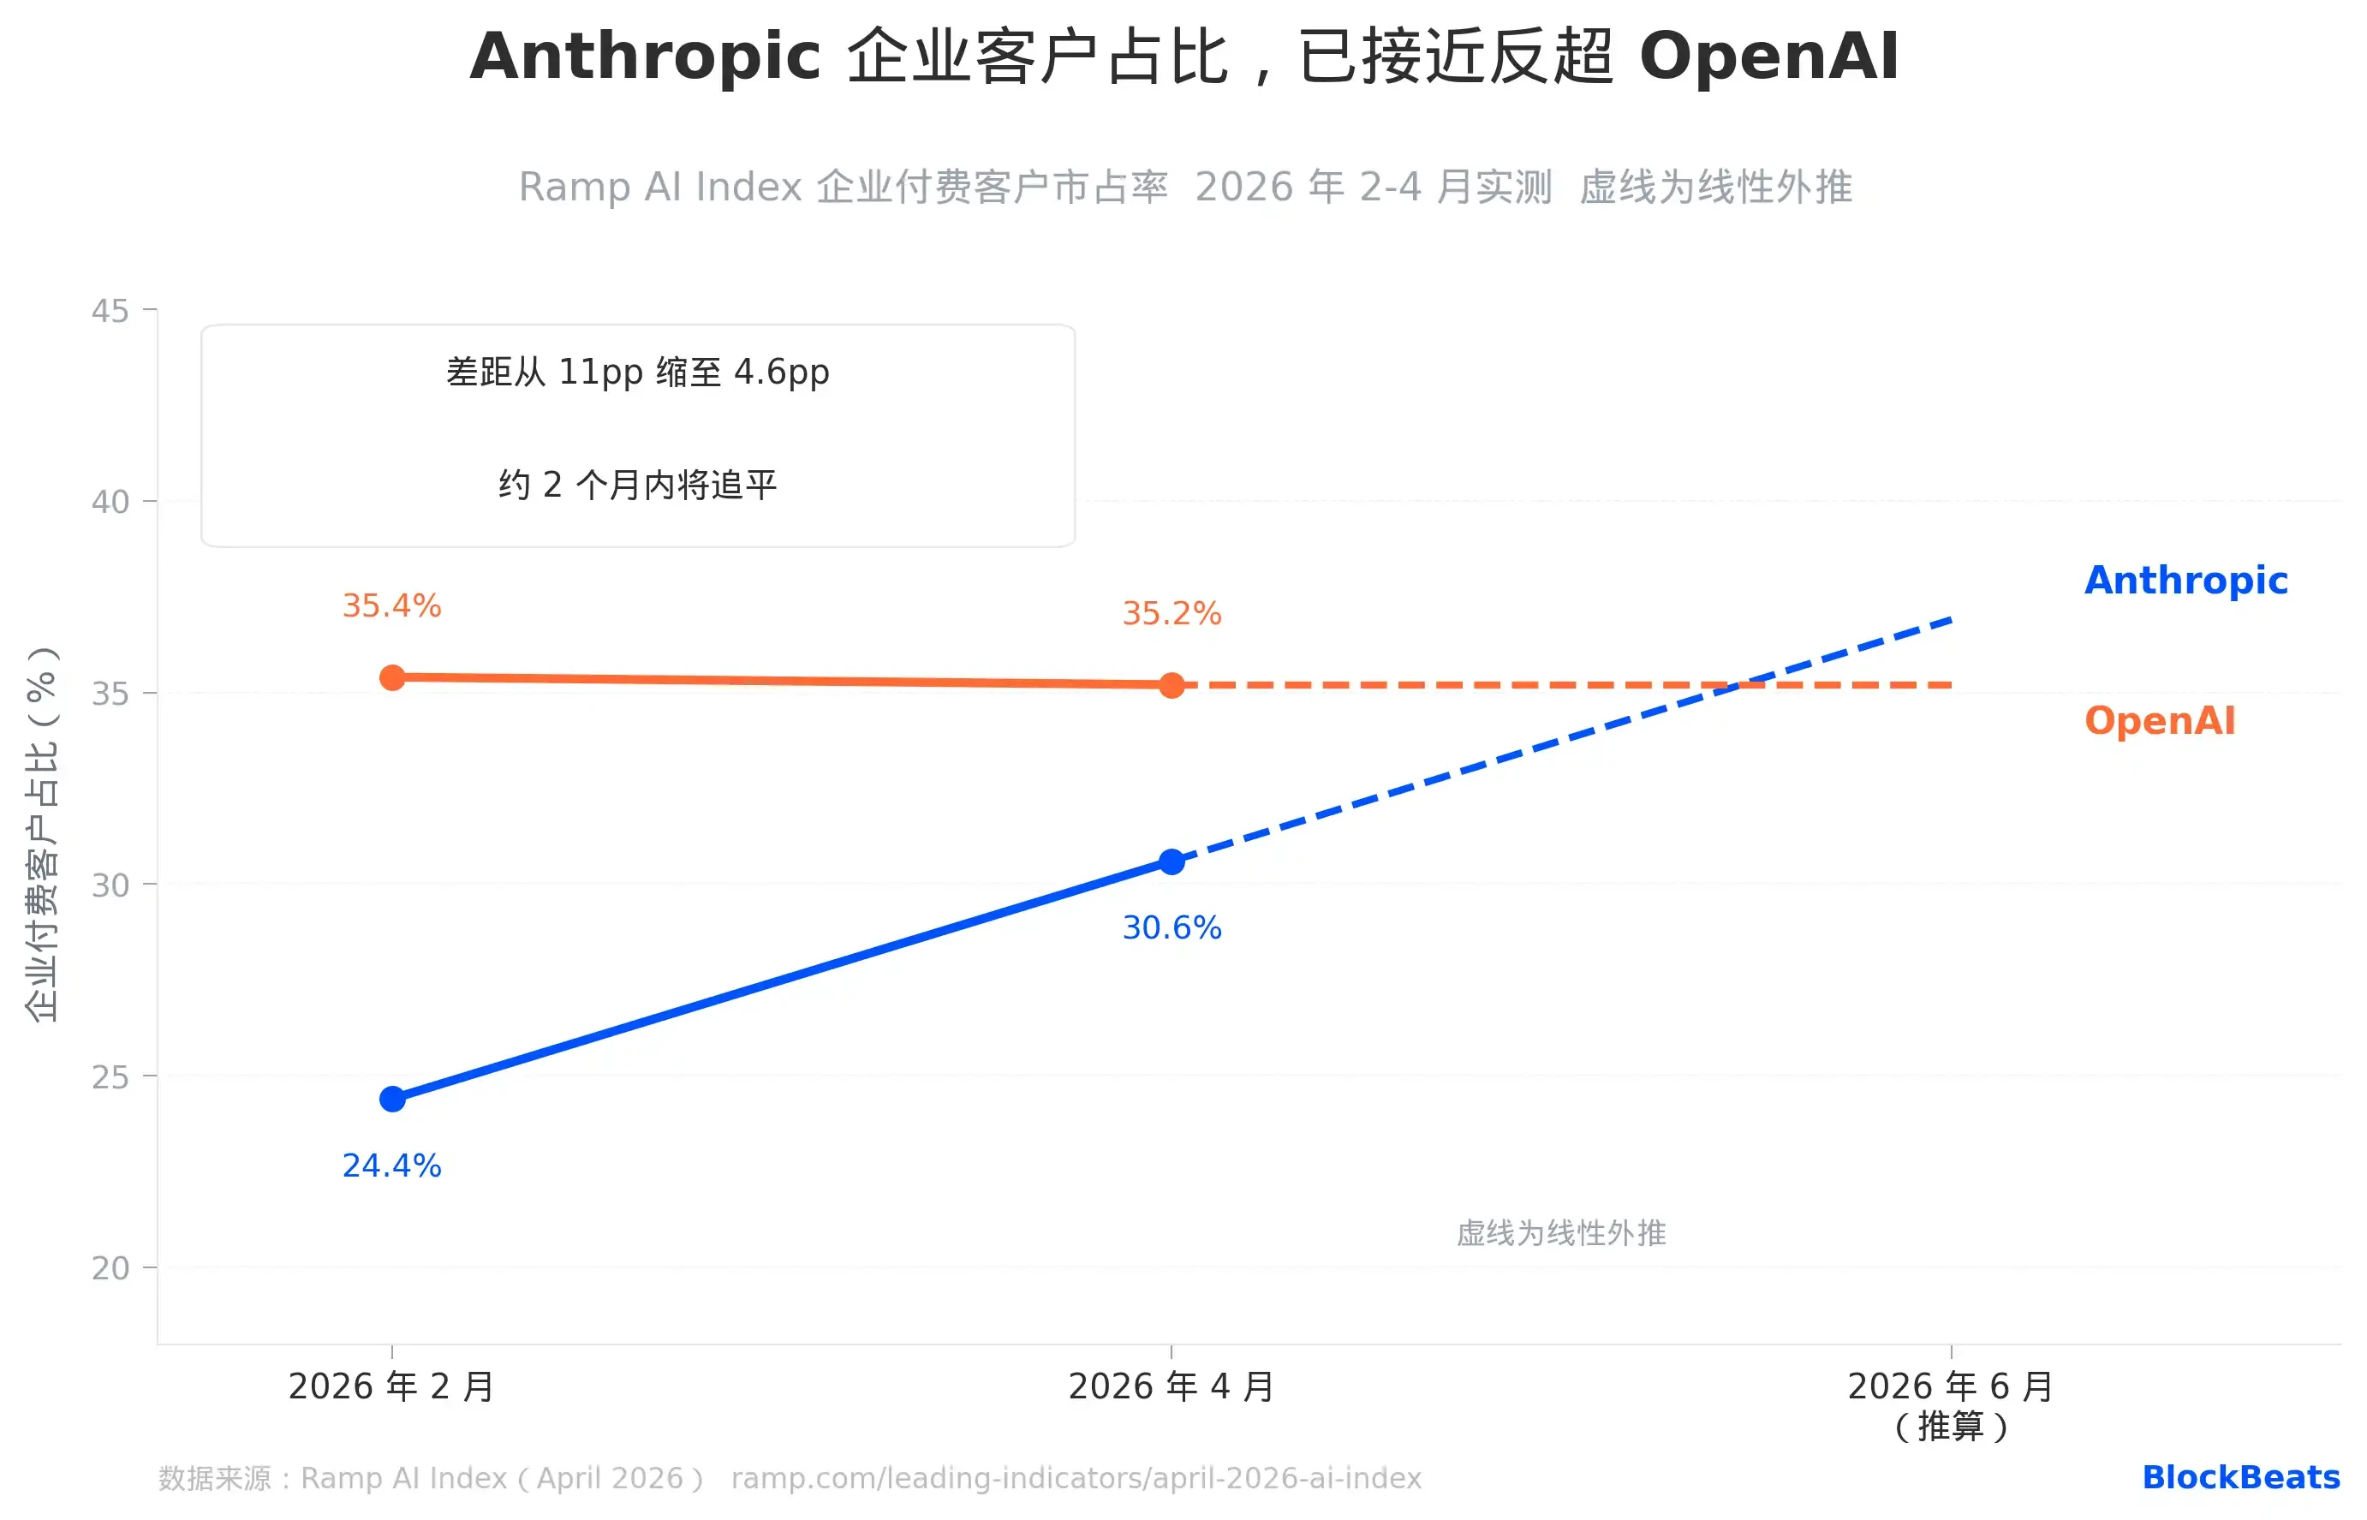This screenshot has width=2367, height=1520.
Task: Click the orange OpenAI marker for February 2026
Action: (x=392, y=678)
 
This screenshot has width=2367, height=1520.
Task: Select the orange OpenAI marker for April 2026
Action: (x=1172, y=685)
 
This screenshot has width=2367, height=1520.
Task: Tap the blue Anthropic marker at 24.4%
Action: (x=392, y=1099)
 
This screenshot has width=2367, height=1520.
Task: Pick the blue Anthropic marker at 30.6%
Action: (x=1172, y=861)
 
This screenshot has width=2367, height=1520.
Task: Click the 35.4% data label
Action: (x=392, y=605)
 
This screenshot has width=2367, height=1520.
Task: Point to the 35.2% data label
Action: (x=1172, y=613)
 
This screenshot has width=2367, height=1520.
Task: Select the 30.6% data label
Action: (x=1172, y=927)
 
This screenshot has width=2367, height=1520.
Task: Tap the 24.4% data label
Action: (x=392, y=1165)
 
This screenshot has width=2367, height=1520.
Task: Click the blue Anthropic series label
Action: (x=2185, y=581)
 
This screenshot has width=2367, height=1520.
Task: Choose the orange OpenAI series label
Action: (x=2159, y=720)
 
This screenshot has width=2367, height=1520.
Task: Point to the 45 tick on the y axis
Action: (x=110, y=311)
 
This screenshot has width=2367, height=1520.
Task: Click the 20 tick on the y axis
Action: (x=110, y=1268)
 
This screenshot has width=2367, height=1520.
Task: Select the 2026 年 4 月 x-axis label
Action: (x=1172, y=1386)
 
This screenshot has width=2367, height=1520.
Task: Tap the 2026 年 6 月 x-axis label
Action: (x=1951, y=1386)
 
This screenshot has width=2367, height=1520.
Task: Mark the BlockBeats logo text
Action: (x=2240, y=1477)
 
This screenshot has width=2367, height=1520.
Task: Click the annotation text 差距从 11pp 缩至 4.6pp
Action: (x=638, y=373)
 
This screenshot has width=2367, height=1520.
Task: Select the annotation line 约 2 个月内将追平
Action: (x=638, y=485)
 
